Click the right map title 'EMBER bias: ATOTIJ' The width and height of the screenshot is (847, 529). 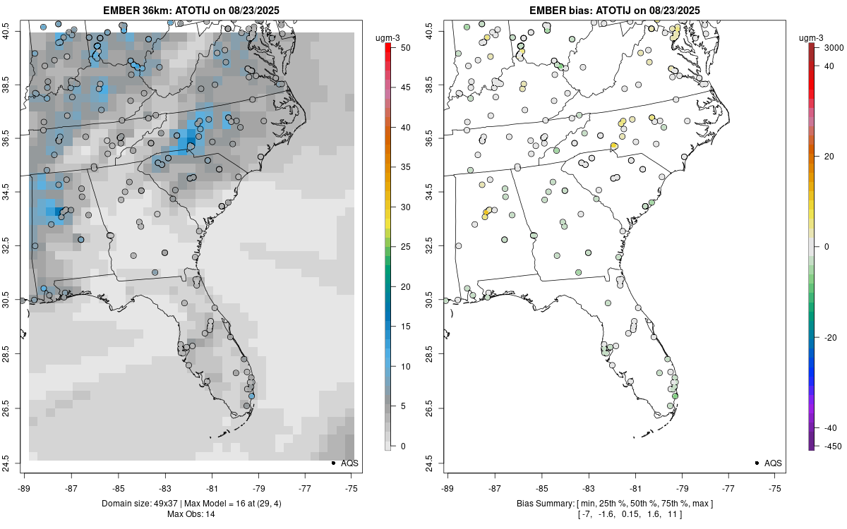tap(577, 10)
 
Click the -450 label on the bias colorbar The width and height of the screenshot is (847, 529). tap(830, 446)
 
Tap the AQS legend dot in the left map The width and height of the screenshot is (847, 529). tap(332, 463)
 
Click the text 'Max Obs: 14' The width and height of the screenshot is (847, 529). tap(191, 514)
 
